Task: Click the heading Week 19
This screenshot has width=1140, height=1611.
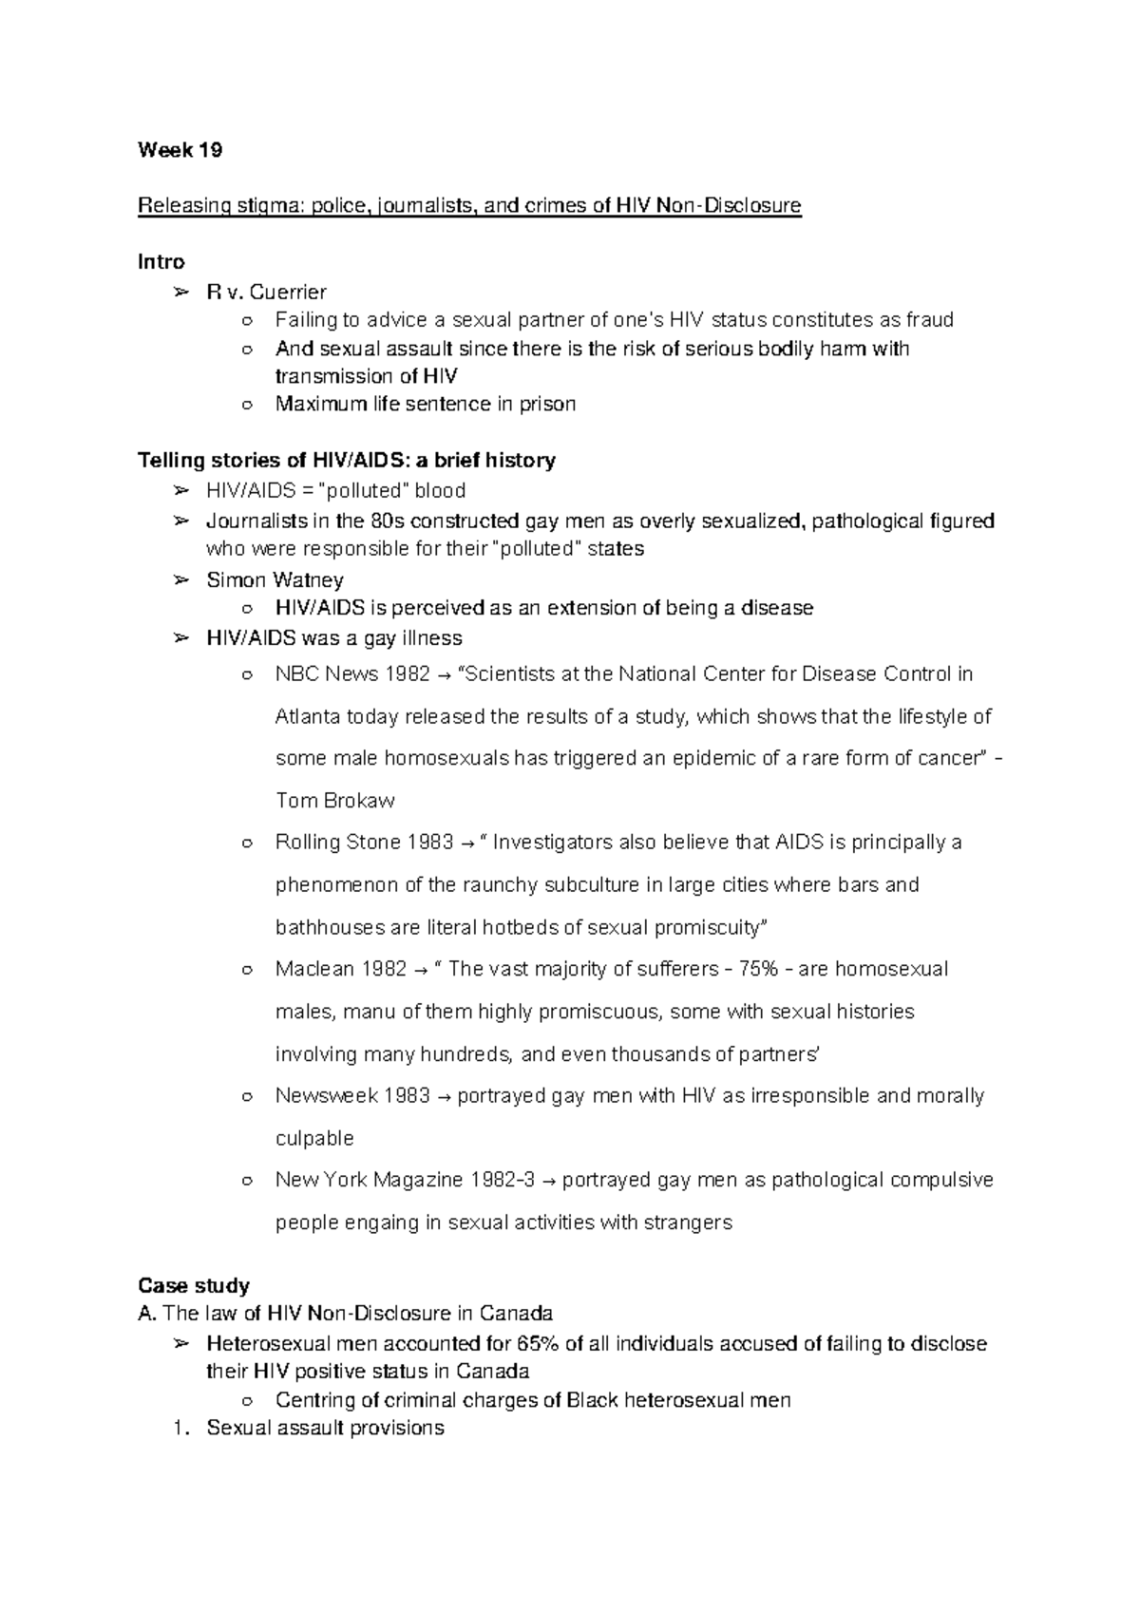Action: point(180,150)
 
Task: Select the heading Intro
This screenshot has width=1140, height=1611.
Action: point(161,261)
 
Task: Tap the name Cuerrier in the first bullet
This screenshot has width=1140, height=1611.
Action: point(288,292)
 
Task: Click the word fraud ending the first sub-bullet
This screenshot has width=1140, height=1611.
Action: point(928,320)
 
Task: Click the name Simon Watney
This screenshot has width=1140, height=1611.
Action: point(275,579)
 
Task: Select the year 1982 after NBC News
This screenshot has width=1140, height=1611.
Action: point(408,674)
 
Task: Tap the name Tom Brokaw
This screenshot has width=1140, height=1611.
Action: point(334,801)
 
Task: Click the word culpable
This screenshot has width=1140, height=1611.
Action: point(314,1138)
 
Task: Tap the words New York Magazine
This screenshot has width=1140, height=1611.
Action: point(369,1181)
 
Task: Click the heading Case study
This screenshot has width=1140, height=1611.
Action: point(193,1286)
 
